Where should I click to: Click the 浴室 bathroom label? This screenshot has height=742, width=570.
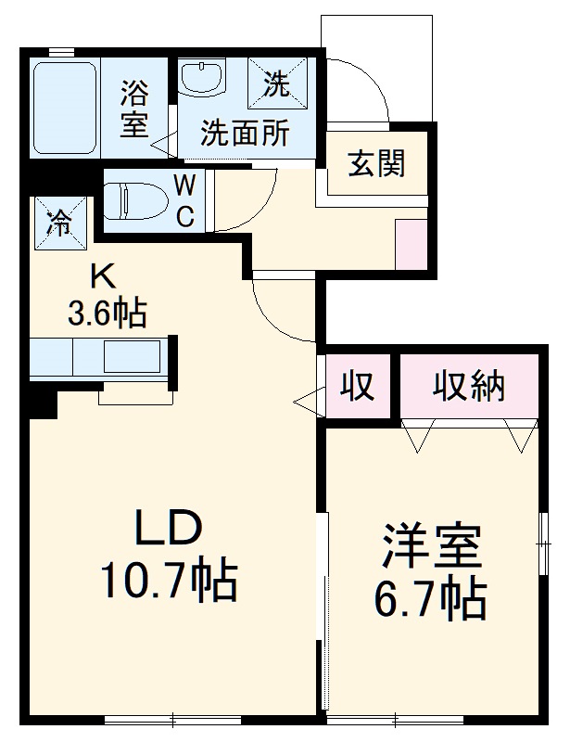click(134, 109)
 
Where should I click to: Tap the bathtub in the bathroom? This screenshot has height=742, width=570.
click(65, 109)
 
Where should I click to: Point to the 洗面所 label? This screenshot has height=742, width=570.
click(245, 134)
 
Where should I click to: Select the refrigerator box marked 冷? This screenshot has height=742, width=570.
click(59, 222)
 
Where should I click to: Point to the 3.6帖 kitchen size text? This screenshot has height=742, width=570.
click(107, 314)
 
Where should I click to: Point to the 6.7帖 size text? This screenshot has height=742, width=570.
click(431, 600)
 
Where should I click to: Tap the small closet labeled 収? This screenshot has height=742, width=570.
click(356, 386)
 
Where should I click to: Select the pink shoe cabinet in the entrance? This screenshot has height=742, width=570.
click(410, 244)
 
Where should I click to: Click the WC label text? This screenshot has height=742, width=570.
click(184, 200)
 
